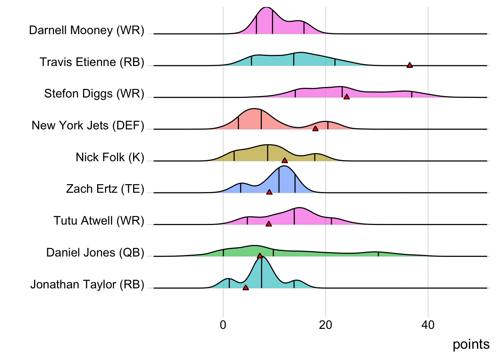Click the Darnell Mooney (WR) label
point(87,30)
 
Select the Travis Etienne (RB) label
point(92,62)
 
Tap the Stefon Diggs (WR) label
point(94,93)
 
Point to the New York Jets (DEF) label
point(88,125)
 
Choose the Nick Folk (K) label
point(110,157)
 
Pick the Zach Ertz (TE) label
point(105,189)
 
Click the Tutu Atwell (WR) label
point(99,220)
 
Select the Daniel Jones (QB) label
point(95,252)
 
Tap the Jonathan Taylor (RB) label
point(87,284)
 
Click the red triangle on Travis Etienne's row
point(409,65)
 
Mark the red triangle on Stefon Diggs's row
point(346,97)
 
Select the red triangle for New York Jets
point(315,129)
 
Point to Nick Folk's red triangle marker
point(285,160)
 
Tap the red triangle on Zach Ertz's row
point(269,192)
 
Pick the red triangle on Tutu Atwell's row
point(268,224)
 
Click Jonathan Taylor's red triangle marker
point(246,288)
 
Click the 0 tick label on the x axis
point(223,325)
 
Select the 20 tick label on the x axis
point(325,325)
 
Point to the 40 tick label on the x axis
point(428,325)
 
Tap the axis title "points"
point(471,344)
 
